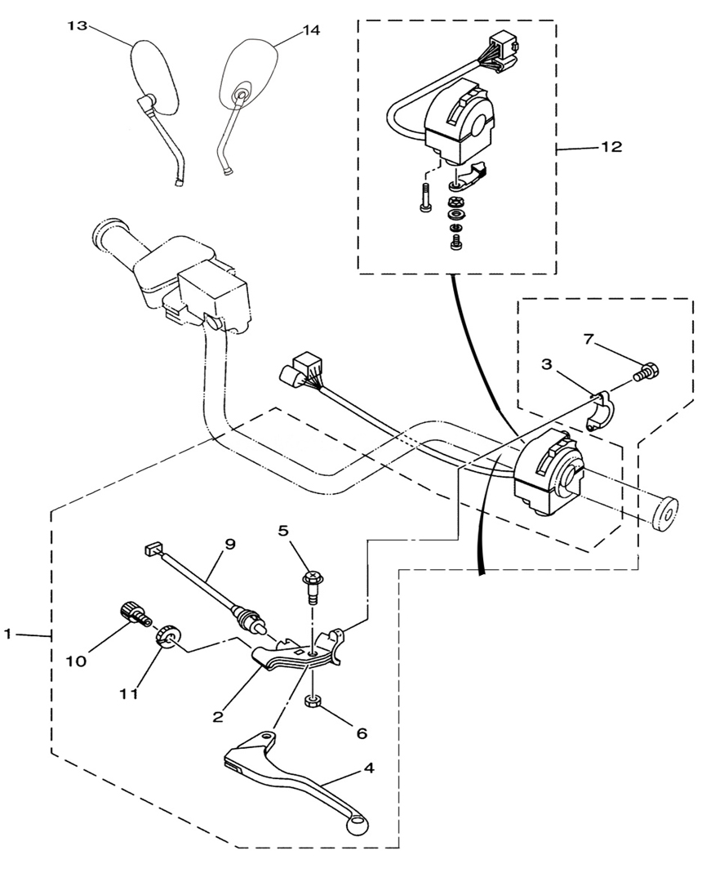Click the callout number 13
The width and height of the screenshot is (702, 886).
point(78,26)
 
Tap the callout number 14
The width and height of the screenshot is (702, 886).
point(309,30)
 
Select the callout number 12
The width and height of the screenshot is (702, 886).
point(611,146)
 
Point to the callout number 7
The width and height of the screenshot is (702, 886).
point(589,341)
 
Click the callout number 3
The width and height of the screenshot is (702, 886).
point(546,364)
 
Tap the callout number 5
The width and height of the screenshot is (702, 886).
point(283,530)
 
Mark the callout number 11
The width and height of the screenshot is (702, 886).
point(129,694)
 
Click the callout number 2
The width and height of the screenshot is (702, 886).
point(218,716)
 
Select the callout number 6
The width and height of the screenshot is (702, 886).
point(362,733)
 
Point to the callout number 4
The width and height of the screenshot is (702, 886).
point(368,768)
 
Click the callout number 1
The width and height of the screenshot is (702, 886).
point(7,634)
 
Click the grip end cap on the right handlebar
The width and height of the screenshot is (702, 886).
point(664,514)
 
